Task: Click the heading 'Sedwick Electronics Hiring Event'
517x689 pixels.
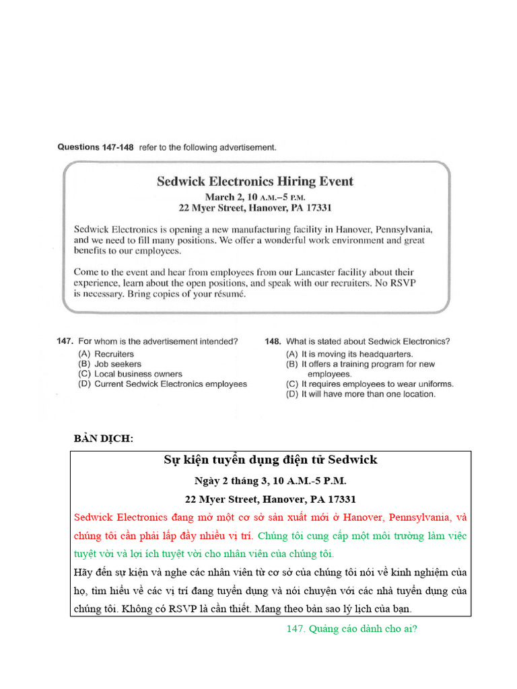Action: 254,181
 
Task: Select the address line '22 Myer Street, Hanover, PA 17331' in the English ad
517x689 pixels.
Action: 254,208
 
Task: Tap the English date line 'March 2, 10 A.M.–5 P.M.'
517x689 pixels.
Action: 254,197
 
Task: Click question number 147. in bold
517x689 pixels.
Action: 65,341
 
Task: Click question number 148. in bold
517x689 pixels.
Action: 273,341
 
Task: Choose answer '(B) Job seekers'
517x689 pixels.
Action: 110,364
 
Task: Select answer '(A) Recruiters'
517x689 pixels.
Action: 106,354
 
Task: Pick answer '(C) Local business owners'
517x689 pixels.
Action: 130,374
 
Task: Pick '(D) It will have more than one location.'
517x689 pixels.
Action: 360,394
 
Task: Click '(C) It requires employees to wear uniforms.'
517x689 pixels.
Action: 369,384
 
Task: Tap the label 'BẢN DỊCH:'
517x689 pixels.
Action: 104,439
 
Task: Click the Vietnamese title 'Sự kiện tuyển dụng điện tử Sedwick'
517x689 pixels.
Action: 271,460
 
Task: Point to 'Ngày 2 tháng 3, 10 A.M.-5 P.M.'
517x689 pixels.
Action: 271,481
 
